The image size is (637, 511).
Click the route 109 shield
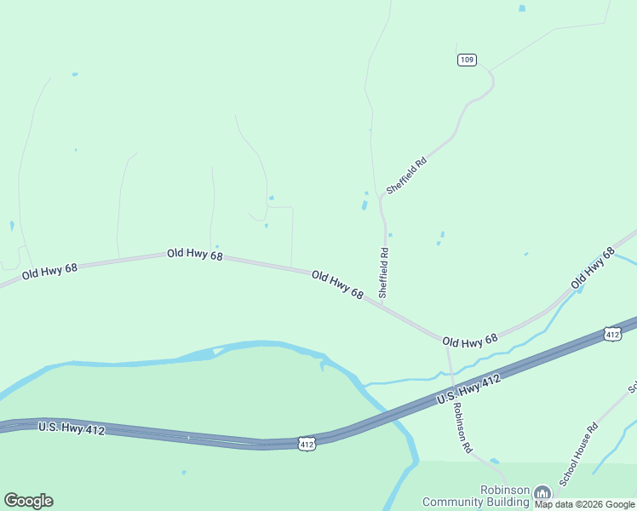(467, 60)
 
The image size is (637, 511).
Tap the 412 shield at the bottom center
(307, 443)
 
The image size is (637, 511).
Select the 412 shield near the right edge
(612, 335)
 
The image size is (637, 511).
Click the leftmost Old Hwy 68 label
(49, 271)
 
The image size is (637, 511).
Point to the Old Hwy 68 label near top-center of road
(194, 254)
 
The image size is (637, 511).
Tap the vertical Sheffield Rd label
(384, 272)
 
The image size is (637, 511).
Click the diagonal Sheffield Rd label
(405, 175)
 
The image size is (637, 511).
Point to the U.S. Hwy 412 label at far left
(72, 428)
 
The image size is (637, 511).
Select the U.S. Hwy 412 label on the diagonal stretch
(468, 388)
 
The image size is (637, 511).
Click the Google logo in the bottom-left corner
(28, 501)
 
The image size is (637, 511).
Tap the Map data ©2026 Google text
(585, 504)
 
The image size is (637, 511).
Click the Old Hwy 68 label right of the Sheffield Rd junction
(470, 341)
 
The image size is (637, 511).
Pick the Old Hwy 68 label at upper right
(593, 267)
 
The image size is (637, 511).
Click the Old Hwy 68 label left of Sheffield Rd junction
(337, 284)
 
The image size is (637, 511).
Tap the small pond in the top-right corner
(522, 9)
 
